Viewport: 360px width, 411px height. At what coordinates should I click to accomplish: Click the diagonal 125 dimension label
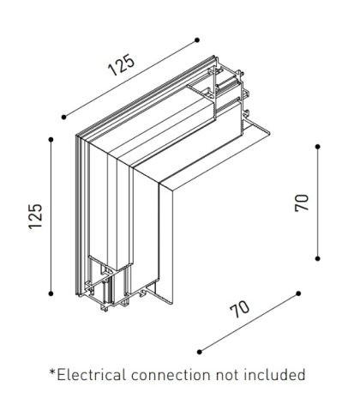coord(121,65)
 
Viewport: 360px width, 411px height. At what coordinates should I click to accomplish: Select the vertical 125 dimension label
coord(35,216)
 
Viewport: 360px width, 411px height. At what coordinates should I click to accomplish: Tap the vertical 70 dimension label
coord(302,202)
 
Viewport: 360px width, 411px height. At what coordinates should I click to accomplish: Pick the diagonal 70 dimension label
coord(240,309)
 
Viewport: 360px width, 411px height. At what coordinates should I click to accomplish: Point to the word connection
coord(171,375)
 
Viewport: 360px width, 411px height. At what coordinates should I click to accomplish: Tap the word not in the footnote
coord(227,375)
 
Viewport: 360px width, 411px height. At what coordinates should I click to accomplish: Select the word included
coord(274,375)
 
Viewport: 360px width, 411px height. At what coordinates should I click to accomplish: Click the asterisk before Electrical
coord(52,372)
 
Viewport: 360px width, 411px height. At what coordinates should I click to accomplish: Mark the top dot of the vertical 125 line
coord(51,140)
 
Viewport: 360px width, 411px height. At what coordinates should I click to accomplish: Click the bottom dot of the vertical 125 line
coord(51,293)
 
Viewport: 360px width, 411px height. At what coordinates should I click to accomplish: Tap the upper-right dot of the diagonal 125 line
coord(197,40)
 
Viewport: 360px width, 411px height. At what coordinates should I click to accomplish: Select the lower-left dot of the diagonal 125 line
coord(63,117)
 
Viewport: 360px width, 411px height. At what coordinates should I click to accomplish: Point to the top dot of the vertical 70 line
coord(318,147)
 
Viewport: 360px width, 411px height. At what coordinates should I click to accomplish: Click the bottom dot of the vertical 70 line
coord(318,258)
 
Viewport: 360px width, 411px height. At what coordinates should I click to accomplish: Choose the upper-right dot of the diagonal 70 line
coord(298,293)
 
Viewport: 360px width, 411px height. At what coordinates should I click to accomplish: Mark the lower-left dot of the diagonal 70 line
coord(200,352)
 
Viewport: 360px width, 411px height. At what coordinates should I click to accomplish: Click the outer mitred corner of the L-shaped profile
coord(76,135)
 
